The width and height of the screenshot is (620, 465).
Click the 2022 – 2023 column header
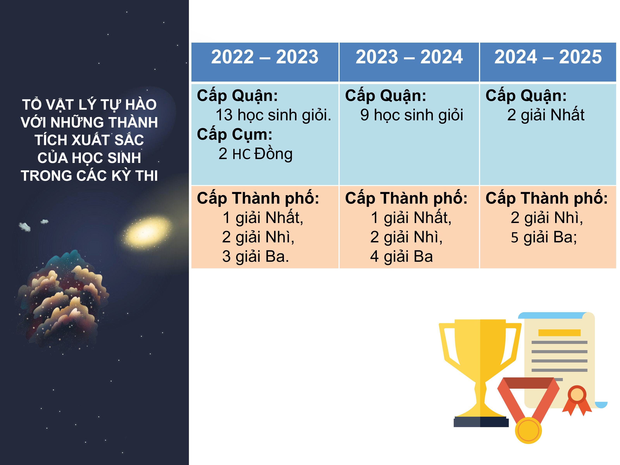[x=265, y=57]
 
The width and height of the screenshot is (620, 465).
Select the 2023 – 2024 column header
[x=409, y=57]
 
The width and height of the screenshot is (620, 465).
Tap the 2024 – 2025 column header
[x=548, y=57]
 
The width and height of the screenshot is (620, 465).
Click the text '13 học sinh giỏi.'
[x=273, y=115]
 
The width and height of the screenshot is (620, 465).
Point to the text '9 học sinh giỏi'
[x=412, y=115]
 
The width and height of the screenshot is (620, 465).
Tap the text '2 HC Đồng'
[x=255, y=154]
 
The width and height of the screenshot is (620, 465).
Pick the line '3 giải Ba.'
[x=255, y=257]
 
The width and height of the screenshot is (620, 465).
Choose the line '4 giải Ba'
[x=401, y=257]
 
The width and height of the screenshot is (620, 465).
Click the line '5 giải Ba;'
[x=544, y=237]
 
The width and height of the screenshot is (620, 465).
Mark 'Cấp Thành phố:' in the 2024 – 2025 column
[x=547, y=198]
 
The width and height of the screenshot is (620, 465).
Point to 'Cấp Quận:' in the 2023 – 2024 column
[x=386, y=96]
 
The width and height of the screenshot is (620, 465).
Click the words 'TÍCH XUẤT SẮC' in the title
[x=89, y=140]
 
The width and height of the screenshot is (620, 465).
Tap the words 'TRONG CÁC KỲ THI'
[x=89, y=176]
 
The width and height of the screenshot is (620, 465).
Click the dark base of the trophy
[x=481, y=422]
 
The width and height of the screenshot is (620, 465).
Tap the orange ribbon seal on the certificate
[x=577, y=400]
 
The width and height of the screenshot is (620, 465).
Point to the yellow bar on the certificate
[x=560, y=333]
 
